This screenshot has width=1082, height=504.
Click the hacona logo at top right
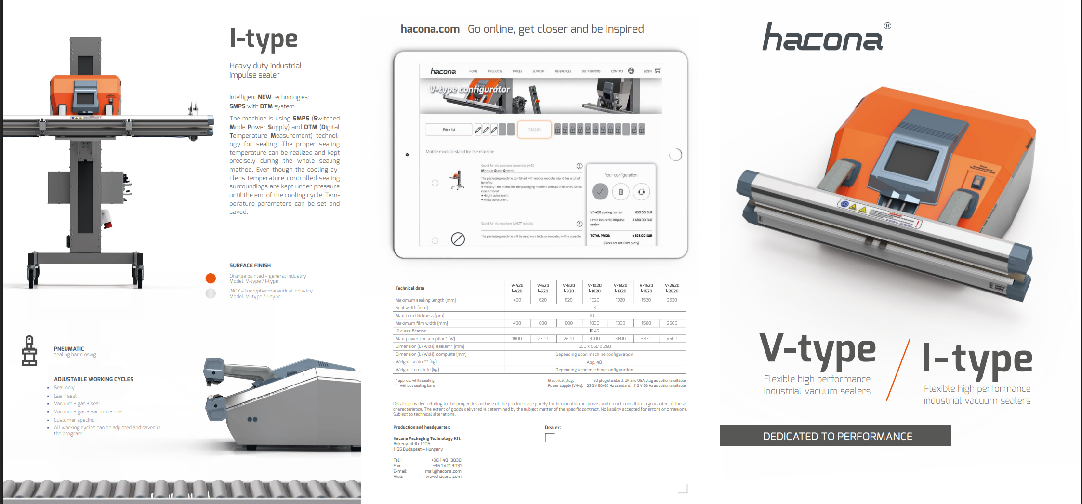[823, 38]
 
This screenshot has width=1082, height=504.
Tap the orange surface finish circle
[211, 278]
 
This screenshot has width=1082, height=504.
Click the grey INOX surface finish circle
[211, 293]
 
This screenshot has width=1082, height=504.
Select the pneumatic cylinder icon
[29, 351]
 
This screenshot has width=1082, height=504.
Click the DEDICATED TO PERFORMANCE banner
[835, 436]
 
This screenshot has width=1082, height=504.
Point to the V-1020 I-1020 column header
[594, 288]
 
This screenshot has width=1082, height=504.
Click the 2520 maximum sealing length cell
[672, 300]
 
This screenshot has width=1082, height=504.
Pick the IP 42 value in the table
[594, 331]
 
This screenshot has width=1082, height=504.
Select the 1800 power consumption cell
[517, 339]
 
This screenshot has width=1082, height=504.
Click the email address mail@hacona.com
[443, 471]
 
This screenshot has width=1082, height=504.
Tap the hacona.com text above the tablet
[430, 29]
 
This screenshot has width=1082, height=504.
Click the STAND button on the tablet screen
[534, 130]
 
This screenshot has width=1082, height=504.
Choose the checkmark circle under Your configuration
[600, 192]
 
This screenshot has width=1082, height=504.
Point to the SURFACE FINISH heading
[250, 265]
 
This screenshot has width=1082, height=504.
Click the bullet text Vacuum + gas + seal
[77, 404]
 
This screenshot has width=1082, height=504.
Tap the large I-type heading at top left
[264, 39]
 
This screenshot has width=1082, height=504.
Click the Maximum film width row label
[422, 323]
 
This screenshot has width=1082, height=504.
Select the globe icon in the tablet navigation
[631, 71]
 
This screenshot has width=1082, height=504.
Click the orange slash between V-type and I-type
[898, 370]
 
